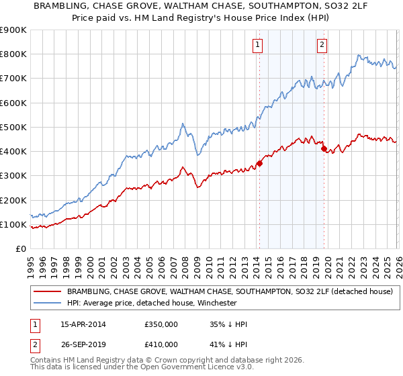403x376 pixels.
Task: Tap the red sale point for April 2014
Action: coord(259,163)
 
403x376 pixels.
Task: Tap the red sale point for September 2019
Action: coord(324,148)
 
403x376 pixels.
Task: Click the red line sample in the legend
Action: coord(48,291)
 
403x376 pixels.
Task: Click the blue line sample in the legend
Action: coord(48,303)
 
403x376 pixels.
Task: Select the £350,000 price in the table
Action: coord(161,324)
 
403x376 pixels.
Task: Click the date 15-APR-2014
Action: coord(83,324)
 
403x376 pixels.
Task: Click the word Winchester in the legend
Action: coord(214,303)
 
